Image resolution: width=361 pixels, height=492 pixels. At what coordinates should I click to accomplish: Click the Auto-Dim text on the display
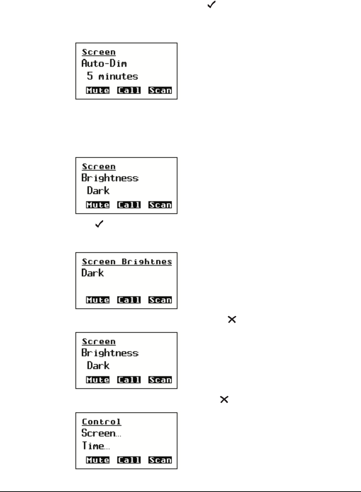point(104,63)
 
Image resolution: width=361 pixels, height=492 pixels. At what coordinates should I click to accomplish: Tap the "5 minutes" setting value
point(112,76)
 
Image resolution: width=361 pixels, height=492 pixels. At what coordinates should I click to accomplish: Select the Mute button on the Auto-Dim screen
point(97,90)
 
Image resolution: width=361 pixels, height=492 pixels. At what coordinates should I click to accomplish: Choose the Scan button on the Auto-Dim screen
point(160,90)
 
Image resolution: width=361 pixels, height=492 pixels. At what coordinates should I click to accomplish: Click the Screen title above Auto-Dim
point(99,52)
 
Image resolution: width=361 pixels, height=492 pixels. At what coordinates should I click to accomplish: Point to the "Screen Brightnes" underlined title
point(127,262)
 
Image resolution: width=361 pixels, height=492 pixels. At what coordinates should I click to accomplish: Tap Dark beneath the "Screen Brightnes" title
point(93,273)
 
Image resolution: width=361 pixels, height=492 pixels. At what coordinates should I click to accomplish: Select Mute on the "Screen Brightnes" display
point(97,300)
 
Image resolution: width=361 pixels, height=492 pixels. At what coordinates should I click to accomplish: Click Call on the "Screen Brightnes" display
point(129,300)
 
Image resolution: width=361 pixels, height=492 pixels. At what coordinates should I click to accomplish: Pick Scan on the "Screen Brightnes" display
point(160,300)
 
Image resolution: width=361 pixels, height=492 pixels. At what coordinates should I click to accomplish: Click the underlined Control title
point(101,422)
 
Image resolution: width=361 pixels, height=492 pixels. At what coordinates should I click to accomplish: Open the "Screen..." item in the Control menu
point(101,433)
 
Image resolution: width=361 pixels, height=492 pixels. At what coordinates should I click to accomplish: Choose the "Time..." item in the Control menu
point(96,446)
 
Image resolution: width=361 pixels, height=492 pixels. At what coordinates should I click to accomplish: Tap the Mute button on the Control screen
point(97,460)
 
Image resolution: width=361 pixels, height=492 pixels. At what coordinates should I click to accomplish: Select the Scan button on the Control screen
point(160,460)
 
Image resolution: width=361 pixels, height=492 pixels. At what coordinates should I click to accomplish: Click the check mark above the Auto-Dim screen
point(211,5)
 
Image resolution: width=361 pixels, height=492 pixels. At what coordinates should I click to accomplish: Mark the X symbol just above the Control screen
point(224,399)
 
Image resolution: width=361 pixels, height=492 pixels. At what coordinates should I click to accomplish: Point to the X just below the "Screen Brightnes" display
point(232,320)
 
